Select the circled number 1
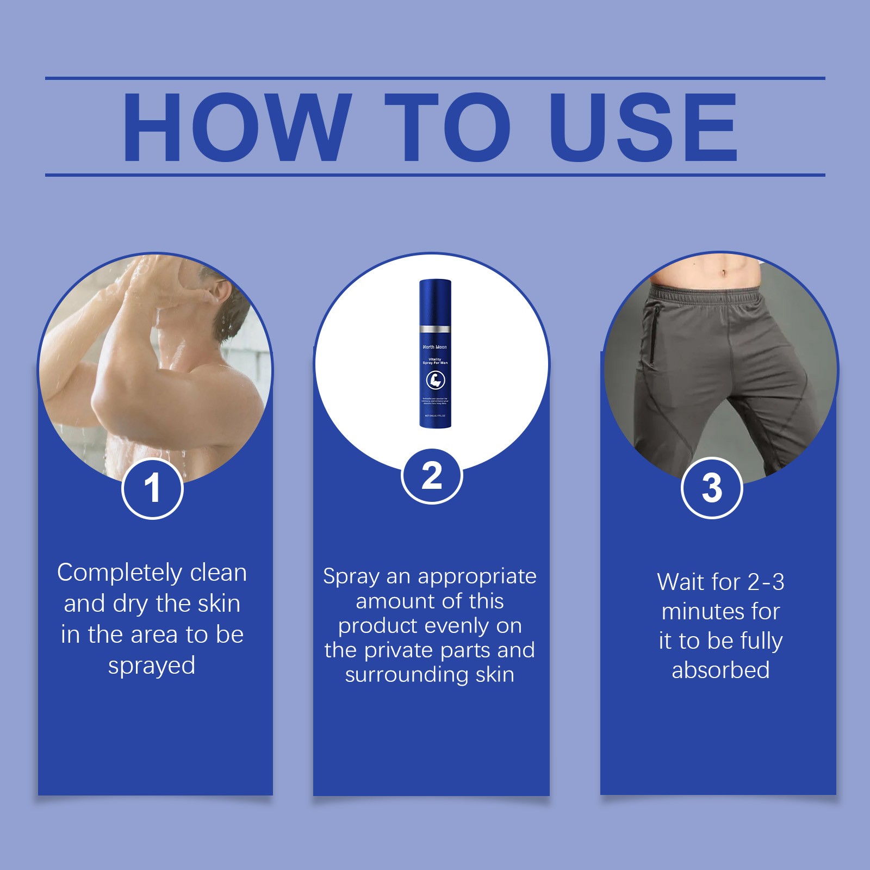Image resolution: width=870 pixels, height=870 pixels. click(x=152, y=488)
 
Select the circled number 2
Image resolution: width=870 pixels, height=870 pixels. click(x=432, y=476)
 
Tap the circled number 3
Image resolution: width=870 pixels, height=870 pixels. click(x=712, y=488)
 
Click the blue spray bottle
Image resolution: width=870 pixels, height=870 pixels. click(x=435, y=353)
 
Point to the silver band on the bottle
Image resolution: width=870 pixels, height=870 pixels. click(x=435, y=330)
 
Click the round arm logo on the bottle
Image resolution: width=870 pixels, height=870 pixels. click(x=435, y=380)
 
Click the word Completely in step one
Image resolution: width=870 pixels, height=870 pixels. click(x=120, y=573)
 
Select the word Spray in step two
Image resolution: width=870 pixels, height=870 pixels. click(x=351, y=576)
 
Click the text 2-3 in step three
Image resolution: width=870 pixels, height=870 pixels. click(x=766, y=582)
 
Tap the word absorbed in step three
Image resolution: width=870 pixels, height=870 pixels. click(x=720, y=670)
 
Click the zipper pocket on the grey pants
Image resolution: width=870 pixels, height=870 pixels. click(x=652, y=337)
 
